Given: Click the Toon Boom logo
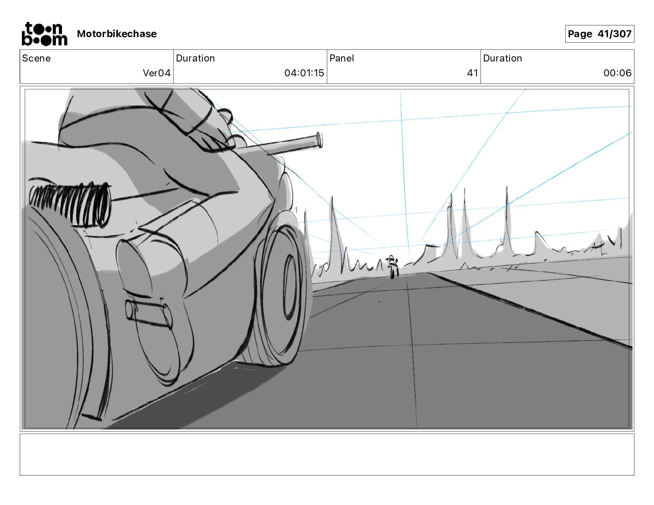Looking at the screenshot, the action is pyautogui.click(x=44, y=34).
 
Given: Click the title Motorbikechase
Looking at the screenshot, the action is pyautogui.click(x=117, y=34).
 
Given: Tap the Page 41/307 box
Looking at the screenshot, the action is pyautogui.click(x=599, y=34).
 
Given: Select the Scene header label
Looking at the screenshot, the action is pyautogui.click(x=36, y=58).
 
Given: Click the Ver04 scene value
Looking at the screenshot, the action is pyautogui.click(x=156, y=73).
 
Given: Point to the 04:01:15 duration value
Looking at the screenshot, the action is pyautogui.click(x=304, y=73).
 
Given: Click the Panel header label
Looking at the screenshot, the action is pyautogui.click(x=341, y=58).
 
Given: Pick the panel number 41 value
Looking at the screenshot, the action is pyautogui.click(x=472, y=73).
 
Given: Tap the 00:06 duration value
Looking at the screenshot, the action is pyautogui.click(x=617, y=73).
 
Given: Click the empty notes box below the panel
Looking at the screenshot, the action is pyautogui.click(x=327, y=454).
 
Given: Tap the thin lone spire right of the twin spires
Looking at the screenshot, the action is pyautogui.click(x=507, y=219).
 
